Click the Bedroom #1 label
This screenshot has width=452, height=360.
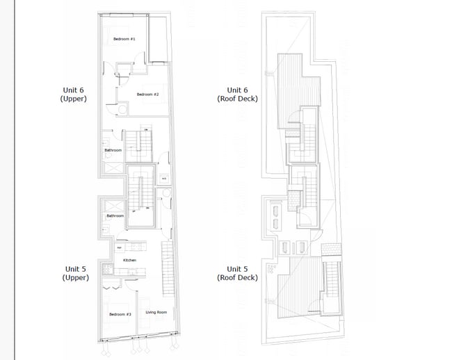point(124,39)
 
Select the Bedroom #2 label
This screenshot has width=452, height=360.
point(147,95)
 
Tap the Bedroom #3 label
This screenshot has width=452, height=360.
point(120,315)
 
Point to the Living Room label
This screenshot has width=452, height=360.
point(156,313)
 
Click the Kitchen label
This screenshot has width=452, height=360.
point(129,260)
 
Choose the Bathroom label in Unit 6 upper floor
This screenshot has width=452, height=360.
point(113,150)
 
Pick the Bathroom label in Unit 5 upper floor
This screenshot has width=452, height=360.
point(115,216)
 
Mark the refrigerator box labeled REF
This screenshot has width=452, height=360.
point(119,247)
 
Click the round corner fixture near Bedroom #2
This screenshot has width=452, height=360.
point(121,109)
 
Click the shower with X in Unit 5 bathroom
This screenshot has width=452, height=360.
point(109,204)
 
